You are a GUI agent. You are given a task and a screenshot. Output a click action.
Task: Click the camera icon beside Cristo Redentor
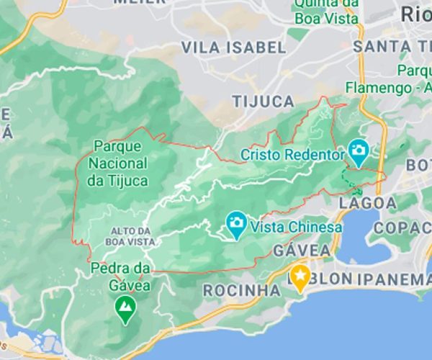tap(358, 152)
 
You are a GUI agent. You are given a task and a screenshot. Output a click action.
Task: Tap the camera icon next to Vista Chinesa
tap(235, 225)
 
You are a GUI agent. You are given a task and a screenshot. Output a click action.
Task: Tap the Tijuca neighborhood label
tap(263, 101)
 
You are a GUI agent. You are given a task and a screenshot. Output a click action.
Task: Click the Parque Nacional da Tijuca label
tap(117, 163)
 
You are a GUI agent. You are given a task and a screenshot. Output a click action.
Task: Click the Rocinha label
tap(242, 290)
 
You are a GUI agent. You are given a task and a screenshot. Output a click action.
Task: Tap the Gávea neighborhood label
tap(302, 250)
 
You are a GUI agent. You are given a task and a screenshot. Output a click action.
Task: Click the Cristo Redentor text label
tap(293, 154)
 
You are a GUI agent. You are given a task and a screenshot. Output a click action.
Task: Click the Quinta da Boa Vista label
tap(326, 12)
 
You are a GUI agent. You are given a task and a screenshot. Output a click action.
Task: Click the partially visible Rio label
tap(415, 13)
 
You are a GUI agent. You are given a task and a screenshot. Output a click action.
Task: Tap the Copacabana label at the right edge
tap(403, 228)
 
